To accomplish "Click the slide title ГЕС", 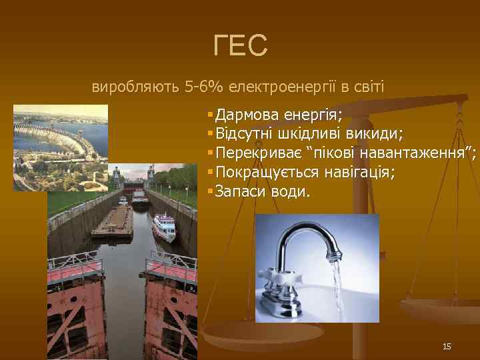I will [241, 45].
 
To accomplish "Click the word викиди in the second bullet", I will [376, 134].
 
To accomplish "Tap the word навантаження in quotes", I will [413, 154].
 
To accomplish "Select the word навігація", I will [359, 173].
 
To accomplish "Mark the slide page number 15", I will [447, 346].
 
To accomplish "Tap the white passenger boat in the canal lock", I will [164, 227].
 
